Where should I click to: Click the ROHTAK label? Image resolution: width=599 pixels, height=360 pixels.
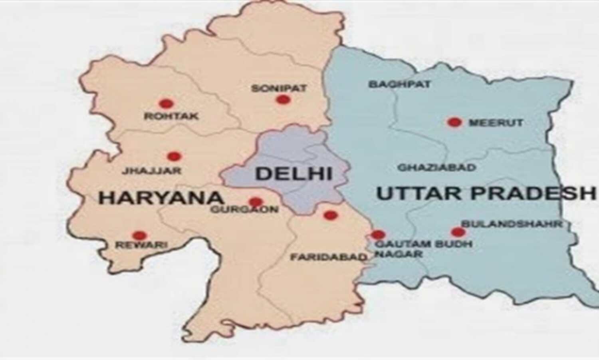pyautogui.click(x=171, y=117)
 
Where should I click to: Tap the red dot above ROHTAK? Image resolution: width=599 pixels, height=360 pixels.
pyautogui.click(x=166, y=104)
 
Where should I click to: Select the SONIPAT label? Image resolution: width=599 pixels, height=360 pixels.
pyautogui.click(x=279, y=88)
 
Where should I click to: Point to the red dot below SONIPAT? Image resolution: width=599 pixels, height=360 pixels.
pyautogui.click(x=283, y=100)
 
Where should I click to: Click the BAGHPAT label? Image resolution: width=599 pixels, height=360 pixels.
pyautogui.click(x=399, y=84)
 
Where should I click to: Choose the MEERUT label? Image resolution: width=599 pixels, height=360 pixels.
pyautogui.click(x=496, y=123)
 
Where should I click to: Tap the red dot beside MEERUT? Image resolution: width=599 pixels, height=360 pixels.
pyautogui.click(x=454, y=122)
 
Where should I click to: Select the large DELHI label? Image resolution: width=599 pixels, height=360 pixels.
pyautogui.click(x=294, y=174)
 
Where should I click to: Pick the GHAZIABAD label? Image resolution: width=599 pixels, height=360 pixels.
pyautogui.click(x=437, y=167)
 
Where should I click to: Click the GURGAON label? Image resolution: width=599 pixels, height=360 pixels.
pyautogui.click(x=244, y=209)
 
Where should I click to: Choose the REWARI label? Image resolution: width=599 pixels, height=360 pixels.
pyautogui.click(x=141, y=245)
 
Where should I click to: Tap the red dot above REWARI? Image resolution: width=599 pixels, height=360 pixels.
pyautogui.click(x=140, y=236)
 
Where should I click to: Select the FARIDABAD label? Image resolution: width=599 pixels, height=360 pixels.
pyautogui.click(x=328, y=257)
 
